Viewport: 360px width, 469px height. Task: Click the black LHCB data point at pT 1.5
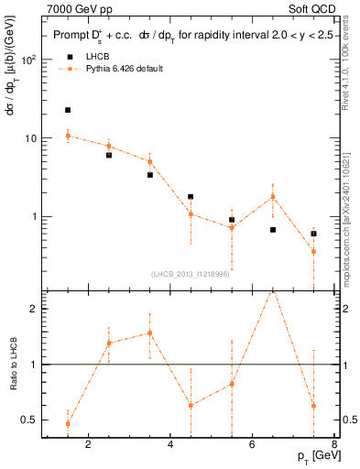[x=68, y=110]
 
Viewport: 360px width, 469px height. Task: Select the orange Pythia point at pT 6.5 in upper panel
[x=272, y=197]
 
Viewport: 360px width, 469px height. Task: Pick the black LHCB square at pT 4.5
[x=191, y=197]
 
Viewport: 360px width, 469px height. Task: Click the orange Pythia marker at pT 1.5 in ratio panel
[x=68, y=423]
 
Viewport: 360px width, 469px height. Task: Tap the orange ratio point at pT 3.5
[x=149, y=333]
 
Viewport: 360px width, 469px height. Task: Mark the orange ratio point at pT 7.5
[x=313, y=405]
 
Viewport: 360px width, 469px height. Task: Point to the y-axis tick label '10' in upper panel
[x=29, y=138]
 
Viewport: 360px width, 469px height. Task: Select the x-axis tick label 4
[x=170, y=446]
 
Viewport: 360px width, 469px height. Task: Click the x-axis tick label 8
[x=334, y=446]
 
